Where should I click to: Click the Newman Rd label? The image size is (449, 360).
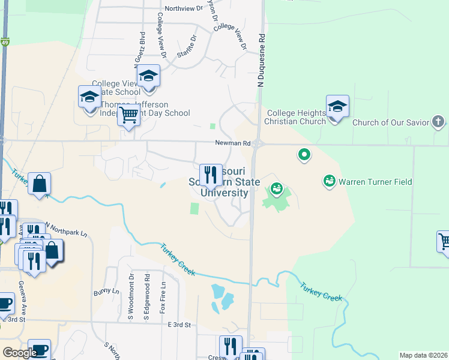tap(233, 143)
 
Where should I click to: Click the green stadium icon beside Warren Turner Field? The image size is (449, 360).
tap(329, 180)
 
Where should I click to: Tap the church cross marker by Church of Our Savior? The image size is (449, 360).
tap(439, 122)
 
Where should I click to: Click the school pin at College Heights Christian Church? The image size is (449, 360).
tap(337, 107)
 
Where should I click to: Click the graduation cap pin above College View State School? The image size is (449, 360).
tap(148, 76)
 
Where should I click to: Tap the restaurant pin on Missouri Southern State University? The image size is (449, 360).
tap(210, 175)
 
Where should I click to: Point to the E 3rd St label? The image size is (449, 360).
tap(178, 325)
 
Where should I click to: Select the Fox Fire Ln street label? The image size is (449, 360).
tap(162, 296)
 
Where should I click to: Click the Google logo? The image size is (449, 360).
tap(20, 353)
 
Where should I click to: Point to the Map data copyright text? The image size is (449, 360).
tap(423, 355)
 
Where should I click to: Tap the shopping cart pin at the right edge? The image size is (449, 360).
tap(444, 241)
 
